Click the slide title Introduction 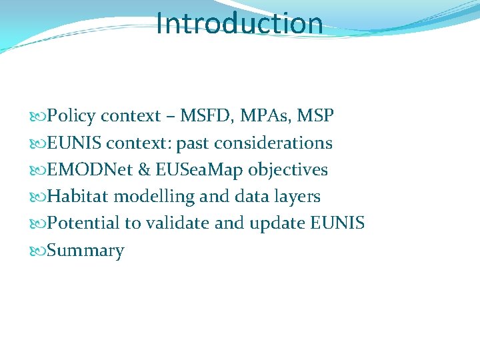239,23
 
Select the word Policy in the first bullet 71,116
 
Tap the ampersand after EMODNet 143,170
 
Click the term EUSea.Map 199,170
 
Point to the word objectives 288,170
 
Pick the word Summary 86,251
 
